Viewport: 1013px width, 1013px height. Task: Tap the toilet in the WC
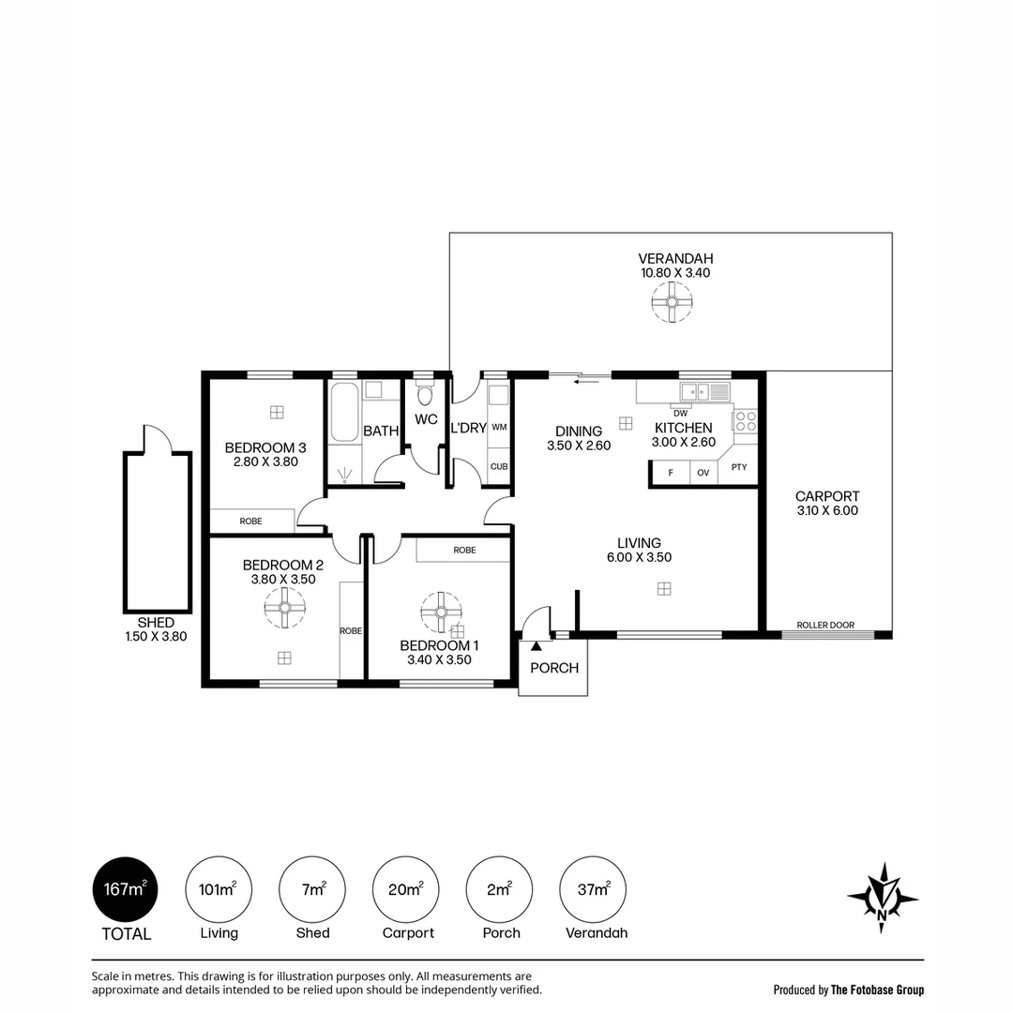pyautogui.click(x=425, y=395)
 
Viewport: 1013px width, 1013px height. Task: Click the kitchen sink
pyautogui.click(x=695, y=391)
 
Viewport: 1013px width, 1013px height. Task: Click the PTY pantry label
pyautogui.click(x=739, y=467)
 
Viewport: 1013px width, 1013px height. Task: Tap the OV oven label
pyautogui.click(x=703, y=473)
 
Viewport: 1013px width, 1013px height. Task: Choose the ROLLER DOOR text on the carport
pyautogui.click(x=825, y=625)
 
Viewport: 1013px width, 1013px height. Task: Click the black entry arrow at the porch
pyautogui.click(x=537, y=645)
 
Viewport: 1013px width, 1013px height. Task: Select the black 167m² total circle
pyautogui.click(x=126, y=889)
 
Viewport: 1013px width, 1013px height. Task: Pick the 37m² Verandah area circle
pyautogui.click(x=593, y=889)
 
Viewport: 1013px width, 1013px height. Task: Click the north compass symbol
pyautogui.click(x=883, y=898)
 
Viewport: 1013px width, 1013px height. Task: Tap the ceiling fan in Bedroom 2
pyautogui.click(x=284, y=607)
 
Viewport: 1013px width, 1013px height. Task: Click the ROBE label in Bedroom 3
pyautogui.click(x=250, y=522)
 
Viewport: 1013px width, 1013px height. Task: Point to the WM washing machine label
pyautogui.click(x=499, y=427)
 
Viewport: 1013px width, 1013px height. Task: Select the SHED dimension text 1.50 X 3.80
pyautogui.click(x=156, y=636)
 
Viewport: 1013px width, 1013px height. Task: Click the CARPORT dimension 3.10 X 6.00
pyautogui.click(x=827, y=510)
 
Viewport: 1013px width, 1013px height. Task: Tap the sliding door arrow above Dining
pyautogui.click(x=586, y=381)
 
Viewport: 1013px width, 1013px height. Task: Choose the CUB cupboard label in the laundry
pyautogui.click(x=499, y=466)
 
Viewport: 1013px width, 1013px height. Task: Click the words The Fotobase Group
pyautogui.click(x=877, y=990)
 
